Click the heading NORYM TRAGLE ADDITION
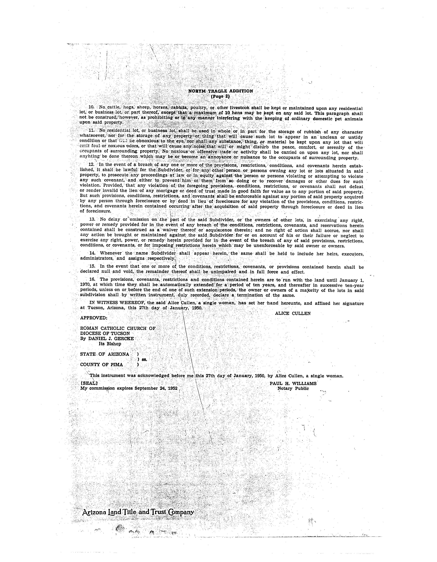(x=221, y=91)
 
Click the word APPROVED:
(x=94, y=318)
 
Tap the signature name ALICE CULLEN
(x=293, y=313)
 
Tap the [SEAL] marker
(x=89, y=383)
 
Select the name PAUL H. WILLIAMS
(x=293, y=383)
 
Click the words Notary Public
(x=293, y=389)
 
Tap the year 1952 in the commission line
(x=172, y=388)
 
